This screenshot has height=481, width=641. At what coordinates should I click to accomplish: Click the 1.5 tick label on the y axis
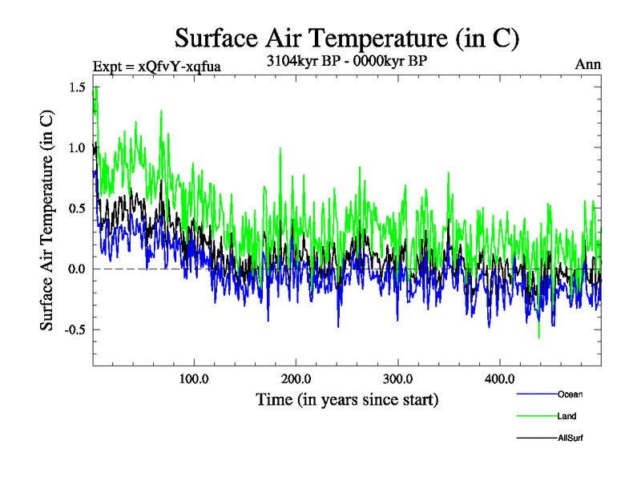point(78,87)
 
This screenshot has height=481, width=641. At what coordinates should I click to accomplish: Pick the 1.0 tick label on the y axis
point(78,148)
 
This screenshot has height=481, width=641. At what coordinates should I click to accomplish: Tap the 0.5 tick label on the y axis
point(78,208)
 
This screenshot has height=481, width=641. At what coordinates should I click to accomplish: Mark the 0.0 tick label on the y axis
point(78,269)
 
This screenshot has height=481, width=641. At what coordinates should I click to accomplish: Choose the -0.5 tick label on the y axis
point(75,329)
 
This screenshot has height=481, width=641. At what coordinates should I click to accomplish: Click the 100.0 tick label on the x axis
point(194,378)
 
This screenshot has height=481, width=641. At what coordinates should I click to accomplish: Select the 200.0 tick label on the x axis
point(296,378)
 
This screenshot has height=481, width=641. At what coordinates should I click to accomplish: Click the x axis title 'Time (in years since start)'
point(347,398)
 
